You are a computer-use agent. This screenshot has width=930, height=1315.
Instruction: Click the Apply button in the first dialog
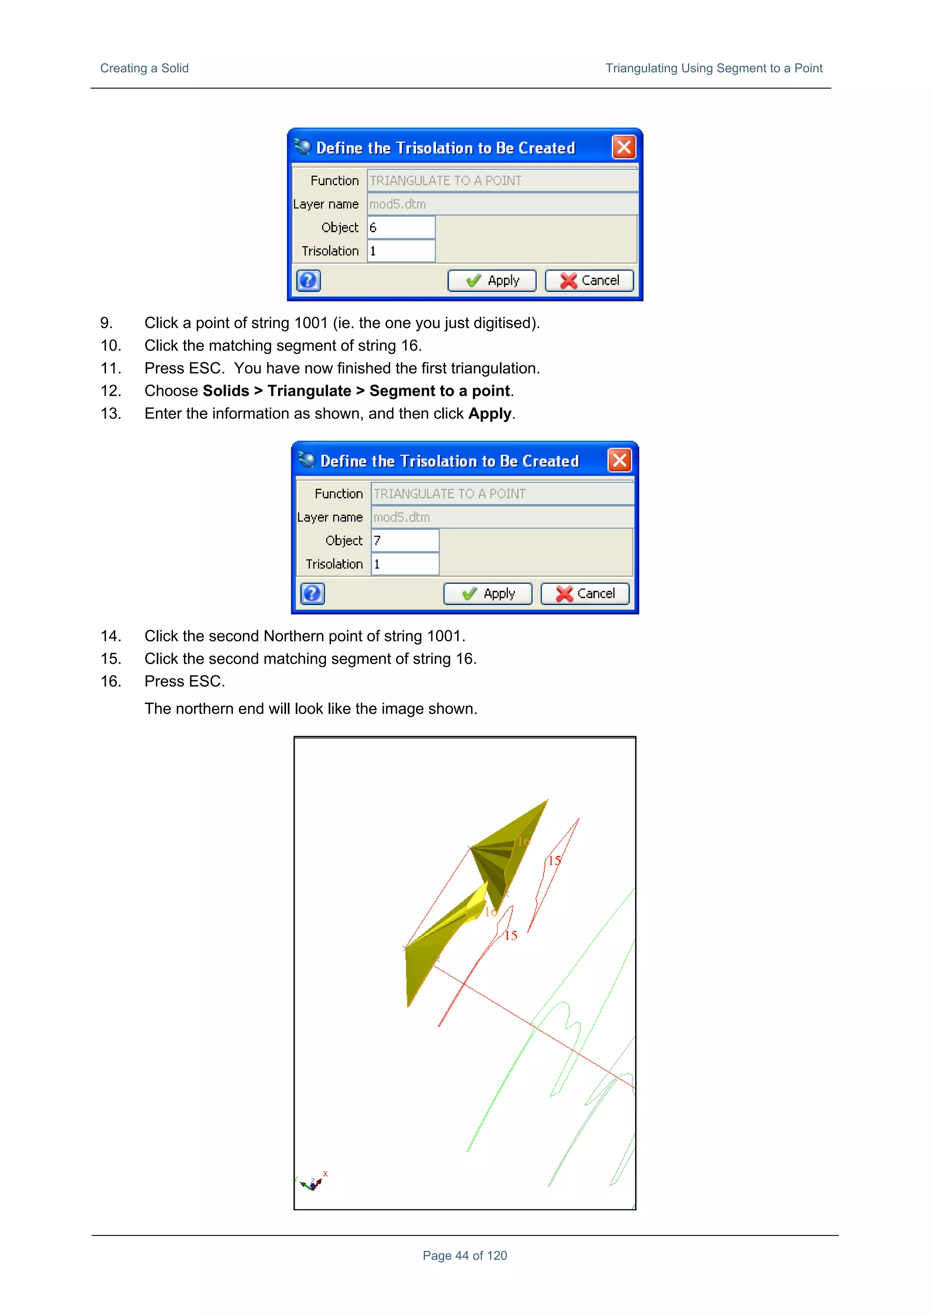click(x=492, y=281)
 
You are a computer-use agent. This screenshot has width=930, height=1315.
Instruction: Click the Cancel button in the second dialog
click(x=584, y=594)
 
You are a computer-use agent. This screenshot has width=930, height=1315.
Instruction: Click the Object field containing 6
click(x=401, y=227)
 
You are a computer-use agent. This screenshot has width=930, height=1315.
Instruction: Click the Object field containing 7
click(x=405, y=541)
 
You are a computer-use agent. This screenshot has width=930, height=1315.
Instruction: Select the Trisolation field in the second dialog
click(x=405, y=564)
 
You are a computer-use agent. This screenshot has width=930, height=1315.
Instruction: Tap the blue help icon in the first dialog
click(x=308, y=281)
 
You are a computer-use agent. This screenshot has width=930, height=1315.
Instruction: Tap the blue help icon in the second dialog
click(x=312, y=594)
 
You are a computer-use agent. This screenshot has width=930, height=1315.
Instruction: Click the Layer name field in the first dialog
click(x=502, y=204)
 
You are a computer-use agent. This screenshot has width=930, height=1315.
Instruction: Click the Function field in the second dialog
click(x=502, y=494)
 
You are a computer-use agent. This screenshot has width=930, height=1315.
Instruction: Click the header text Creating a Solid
click(x=144, y=68)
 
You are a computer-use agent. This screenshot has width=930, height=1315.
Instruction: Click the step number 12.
click(x=111, y=391)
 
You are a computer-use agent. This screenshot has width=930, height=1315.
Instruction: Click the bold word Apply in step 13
click(x=490, y=414)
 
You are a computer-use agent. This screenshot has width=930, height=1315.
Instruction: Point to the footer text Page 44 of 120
click(x=465, y=1256)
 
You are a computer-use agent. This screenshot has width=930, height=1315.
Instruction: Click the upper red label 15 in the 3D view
click(x=554, y=860)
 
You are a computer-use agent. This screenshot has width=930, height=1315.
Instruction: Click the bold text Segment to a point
click(x=440, y=391)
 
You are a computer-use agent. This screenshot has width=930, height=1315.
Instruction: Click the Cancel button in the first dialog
click(x=589, y=281)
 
